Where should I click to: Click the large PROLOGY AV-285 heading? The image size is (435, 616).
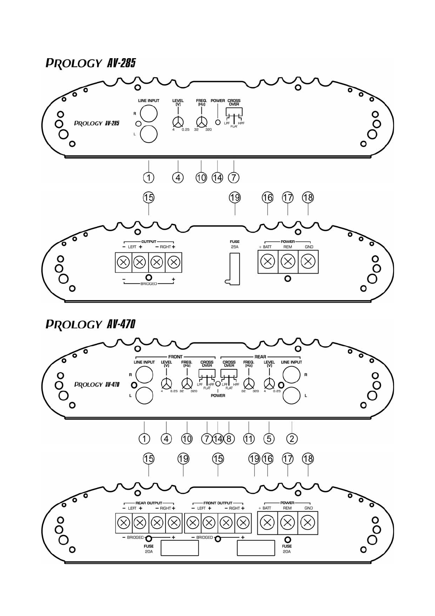[90, 63]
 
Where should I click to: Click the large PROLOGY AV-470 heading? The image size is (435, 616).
[90, 324]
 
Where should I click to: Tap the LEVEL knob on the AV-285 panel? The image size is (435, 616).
[178, 122]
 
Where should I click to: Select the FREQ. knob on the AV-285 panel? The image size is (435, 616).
[201, 122]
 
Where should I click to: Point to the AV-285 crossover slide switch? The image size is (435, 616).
[234, 114]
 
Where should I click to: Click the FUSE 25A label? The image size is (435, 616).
[235, 244]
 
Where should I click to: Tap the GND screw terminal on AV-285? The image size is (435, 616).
[308, 262]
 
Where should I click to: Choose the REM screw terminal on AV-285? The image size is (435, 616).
[288, 262]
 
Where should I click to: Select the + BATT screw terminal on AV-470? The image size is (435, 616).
[267, 522]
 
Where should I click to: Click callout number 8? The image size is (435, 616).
[229, 439]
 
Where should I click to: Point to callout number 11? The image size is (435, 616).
[249, 439]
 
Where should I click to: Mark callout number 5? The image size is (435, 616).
[269, 439]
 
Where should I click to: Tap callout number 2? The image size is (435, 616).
[292, 439]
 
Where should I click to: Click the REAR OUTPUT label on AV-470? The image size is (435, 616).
[149, 503]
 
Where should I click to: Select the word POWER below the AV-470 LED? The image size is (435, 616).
[218, 395]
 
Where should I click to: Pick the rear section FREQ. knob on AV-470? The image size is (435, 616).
[249, 384]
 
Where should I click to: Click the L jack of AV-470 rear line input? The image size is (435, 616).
[291, 396]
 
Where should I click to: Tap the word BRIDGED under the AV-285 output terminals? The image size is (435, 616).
[149, 284]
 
